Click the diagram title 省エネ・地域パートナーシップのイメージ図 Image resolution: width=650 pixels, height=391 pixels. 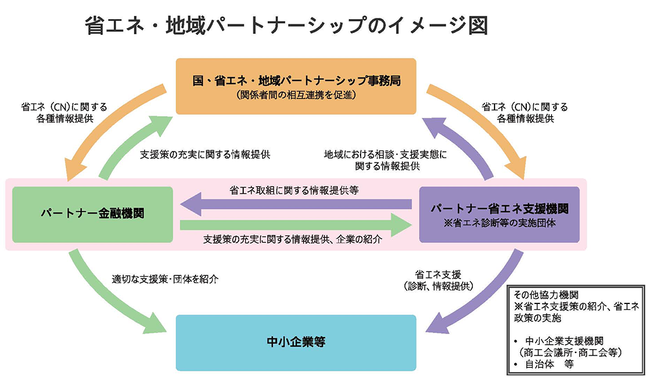click(x=286, y=26)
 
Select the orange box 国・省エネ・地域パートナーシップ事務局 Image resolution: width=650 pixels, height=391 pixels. click(x=296, y=86)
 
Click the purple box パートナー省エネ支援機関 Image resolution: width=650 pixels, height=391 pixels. click(x=499, y=214)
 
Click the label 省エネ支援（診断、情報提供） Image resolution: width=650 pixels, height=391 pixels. click(x=438, y=280)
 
